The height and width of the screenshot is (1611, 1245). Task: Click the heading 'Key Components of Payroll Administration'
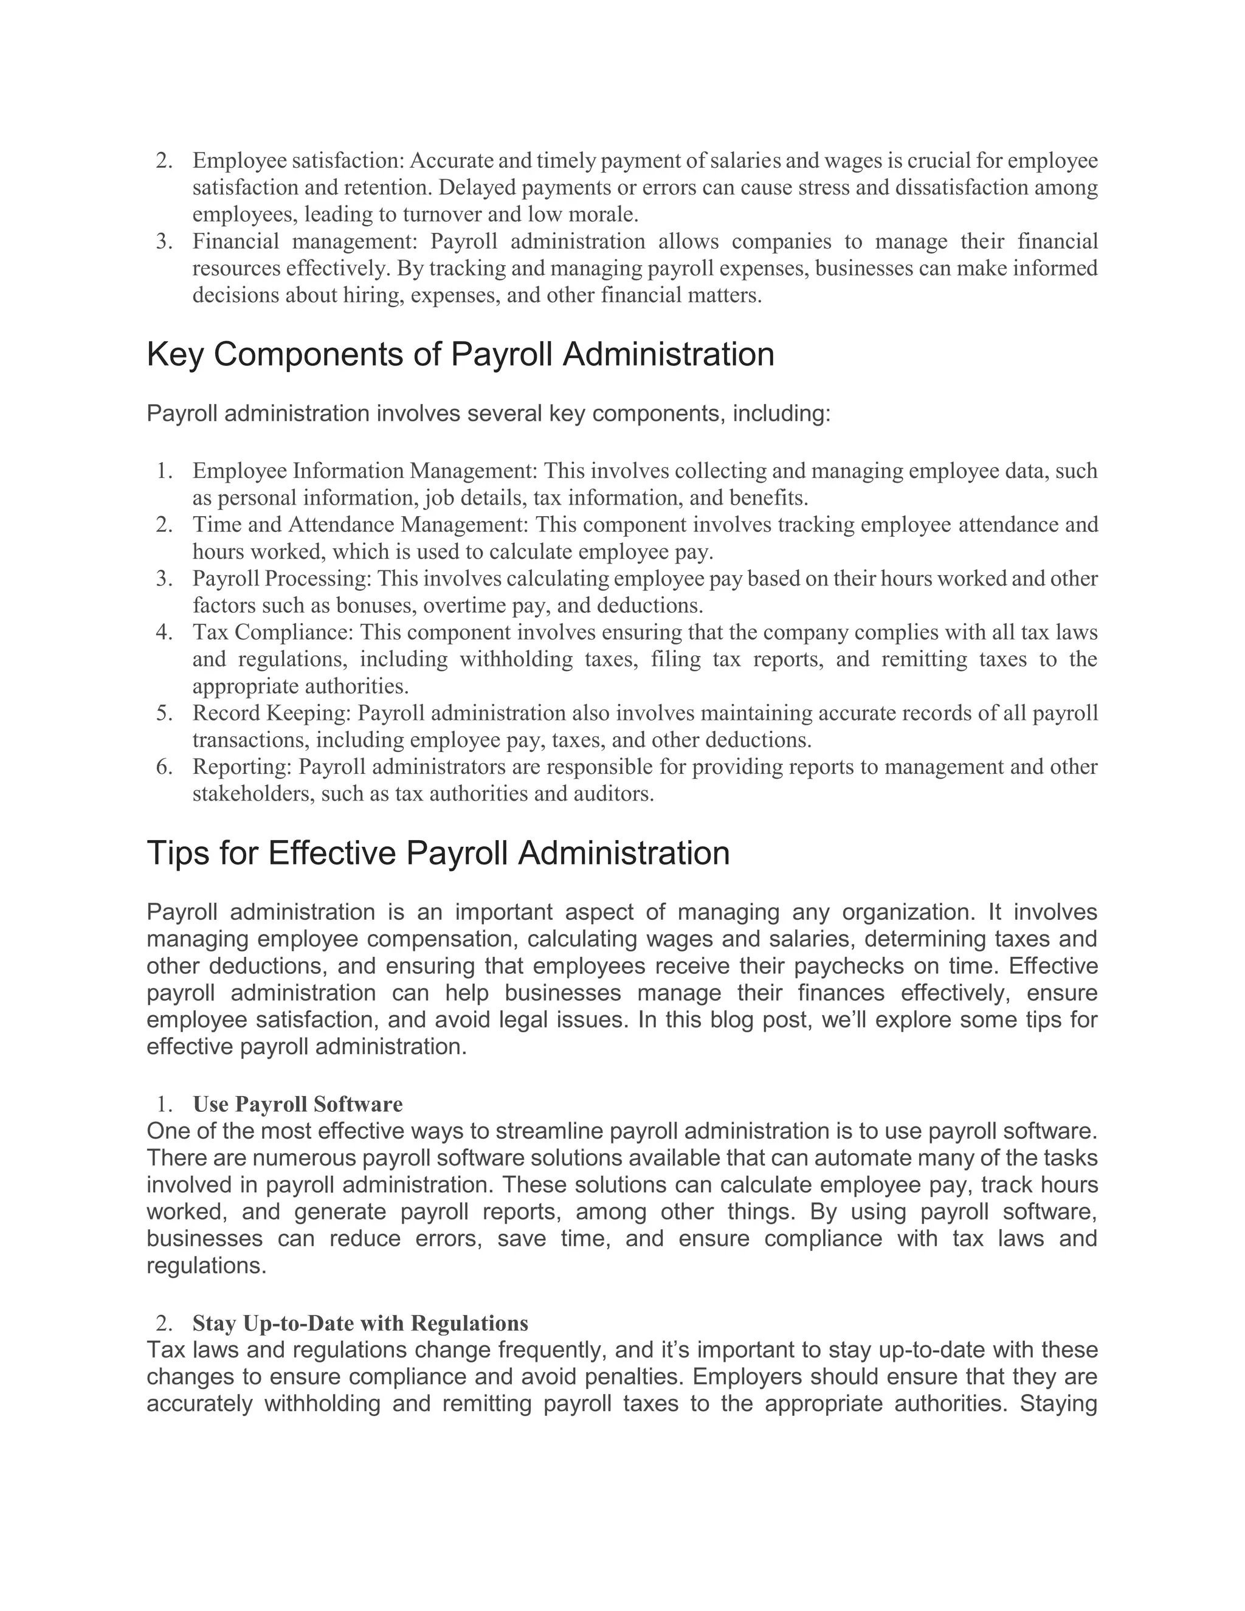pyautogui.click(x=460, y=355)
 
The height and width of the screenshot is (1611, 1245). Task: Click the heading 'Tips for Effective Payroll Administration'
pyautogui.click(x=438, y=854)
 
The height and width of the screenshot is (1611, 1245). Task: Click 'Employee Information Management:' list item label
pyautogui.click(x=366, y=471)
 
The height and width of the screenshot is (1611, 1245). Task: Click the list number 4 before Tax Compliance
pyautogui.click(x=163, y=632)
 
